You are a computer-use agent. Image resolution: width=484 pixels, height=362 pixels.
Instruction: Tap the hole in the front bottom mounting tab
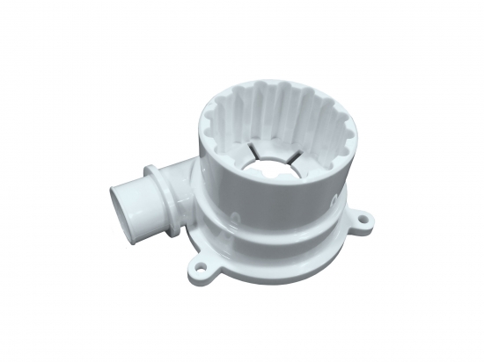click(205, 263)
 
